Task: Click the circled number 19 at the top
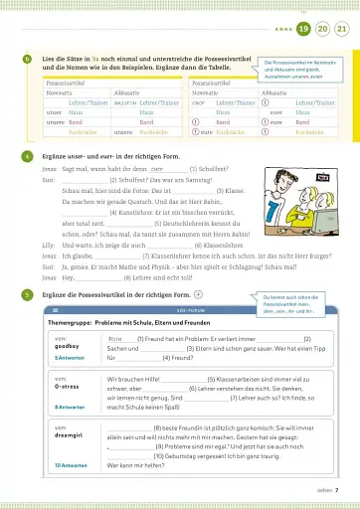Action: (x=299, y=30)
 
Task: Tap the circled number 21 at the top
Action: (x=341, y=30)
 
